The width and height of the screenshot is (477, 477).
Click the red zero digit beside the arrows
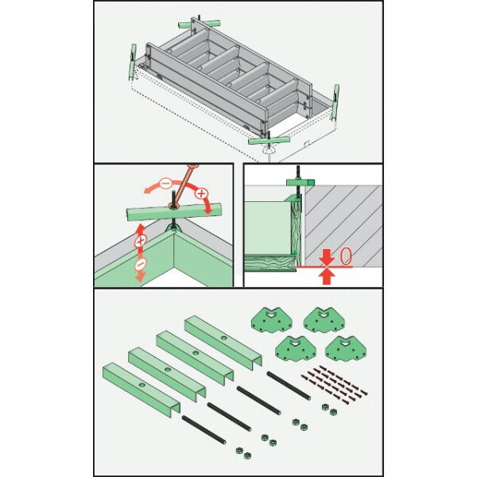click(x=346, y=257)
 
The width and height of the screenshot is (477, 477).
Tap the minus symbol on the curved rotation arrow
click(x=166, y=183)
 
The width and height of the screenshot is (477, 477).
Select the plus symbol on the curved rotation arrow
click(x=200, y=193)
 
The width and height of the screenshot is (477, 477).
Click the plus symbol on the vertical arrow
click(x=140, y=242)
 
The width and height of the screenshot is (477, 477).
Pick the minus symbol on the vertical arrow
click(x=140, y=264)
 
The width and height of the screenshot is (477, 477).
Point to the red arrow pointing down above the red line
click(x=327, y=258)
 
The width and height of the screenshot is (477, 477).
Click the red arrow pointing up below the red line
click(x=327, y=276)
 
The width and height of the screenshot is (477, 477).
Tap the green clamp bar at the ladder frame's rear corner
click(x=199, y=24)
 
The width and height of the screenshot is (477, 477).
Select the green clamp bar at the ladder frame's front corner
click(x=269, y=141)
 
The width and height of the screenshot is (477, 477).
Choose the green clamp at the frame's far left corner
click(x=133, y=62)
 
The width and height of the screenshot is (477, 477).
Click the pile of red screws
click(x=334, y=385)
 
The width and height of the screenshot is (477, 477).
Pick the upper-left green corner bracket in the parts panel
click(x=272, y=320)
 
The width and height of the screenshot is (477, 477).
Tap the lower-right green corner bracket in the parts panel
click(x=346, y=349)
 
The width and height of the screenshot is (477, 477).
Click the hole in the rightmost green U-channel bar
click(x=224, y=338)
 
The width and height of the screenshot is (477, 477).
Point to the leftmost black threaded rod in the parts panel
click(x=204, y=430)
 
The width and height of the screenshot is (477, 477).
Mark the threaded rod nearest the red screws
click(x=289, y=386)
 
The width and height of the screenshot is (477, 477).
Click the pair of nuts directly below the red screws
click(x=329, y=409)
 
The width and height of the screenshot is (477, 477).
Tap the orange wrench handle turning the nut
click(x=185, y=184)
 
